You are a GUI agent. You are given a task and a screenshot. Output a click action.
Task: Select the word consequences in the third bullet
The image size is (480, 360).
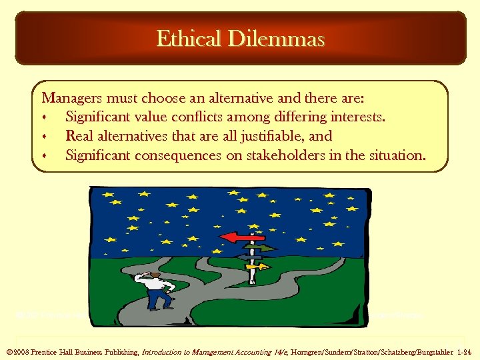coord(178,155)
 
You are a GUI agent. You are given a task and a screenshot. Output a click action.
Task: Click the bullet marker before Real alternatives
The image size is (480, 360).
coord(45,137)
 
